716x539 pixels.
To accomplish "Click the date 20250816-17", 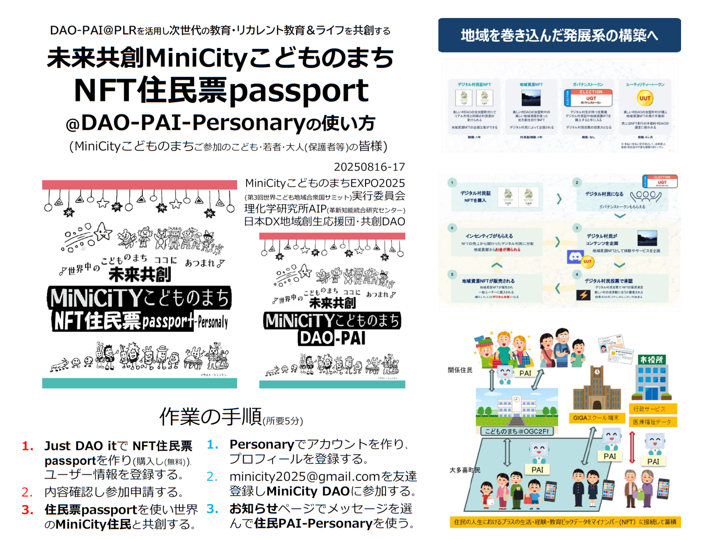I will click(x=369, y=167).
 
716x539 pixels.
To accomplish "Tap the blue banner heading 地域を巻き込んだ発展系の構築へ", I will click(x=559, y=35).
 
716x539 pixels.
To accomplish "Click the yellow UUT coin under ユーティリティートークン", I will click(x=645, y=98).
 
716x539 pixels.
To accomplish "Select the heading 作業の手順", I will click(x=210, y=416).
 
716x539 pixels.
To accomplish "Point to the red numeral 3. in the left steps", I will click(x=27, y=510).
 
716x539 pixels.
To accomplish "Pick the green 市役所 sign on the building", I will click(x=652, y=359).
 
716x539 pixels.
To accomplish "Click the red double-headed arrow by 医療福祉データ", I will click(x=632, y=447).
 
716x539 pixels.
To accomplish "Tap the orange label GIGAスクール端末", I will click(x=596, y=418).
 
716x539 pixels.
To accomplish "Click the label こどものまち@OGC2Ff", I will click(x=517, y=431).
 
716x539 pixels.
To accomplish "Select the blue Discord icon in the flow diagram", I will click(x=575, y=257).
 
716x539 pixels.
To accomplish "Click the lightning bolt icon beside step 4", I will click(x=583, y=294).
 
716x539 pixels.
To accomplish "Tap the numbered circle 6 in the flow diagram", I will click(x=452, y=228).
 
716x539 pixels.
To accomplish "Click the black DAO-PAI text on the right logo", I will click(x=332, y=338).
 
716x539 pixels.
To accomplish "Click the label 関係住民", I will click(x=460, y=370).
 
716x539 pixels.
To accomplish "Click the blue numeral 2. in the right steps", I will click(x=212, y=477).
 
